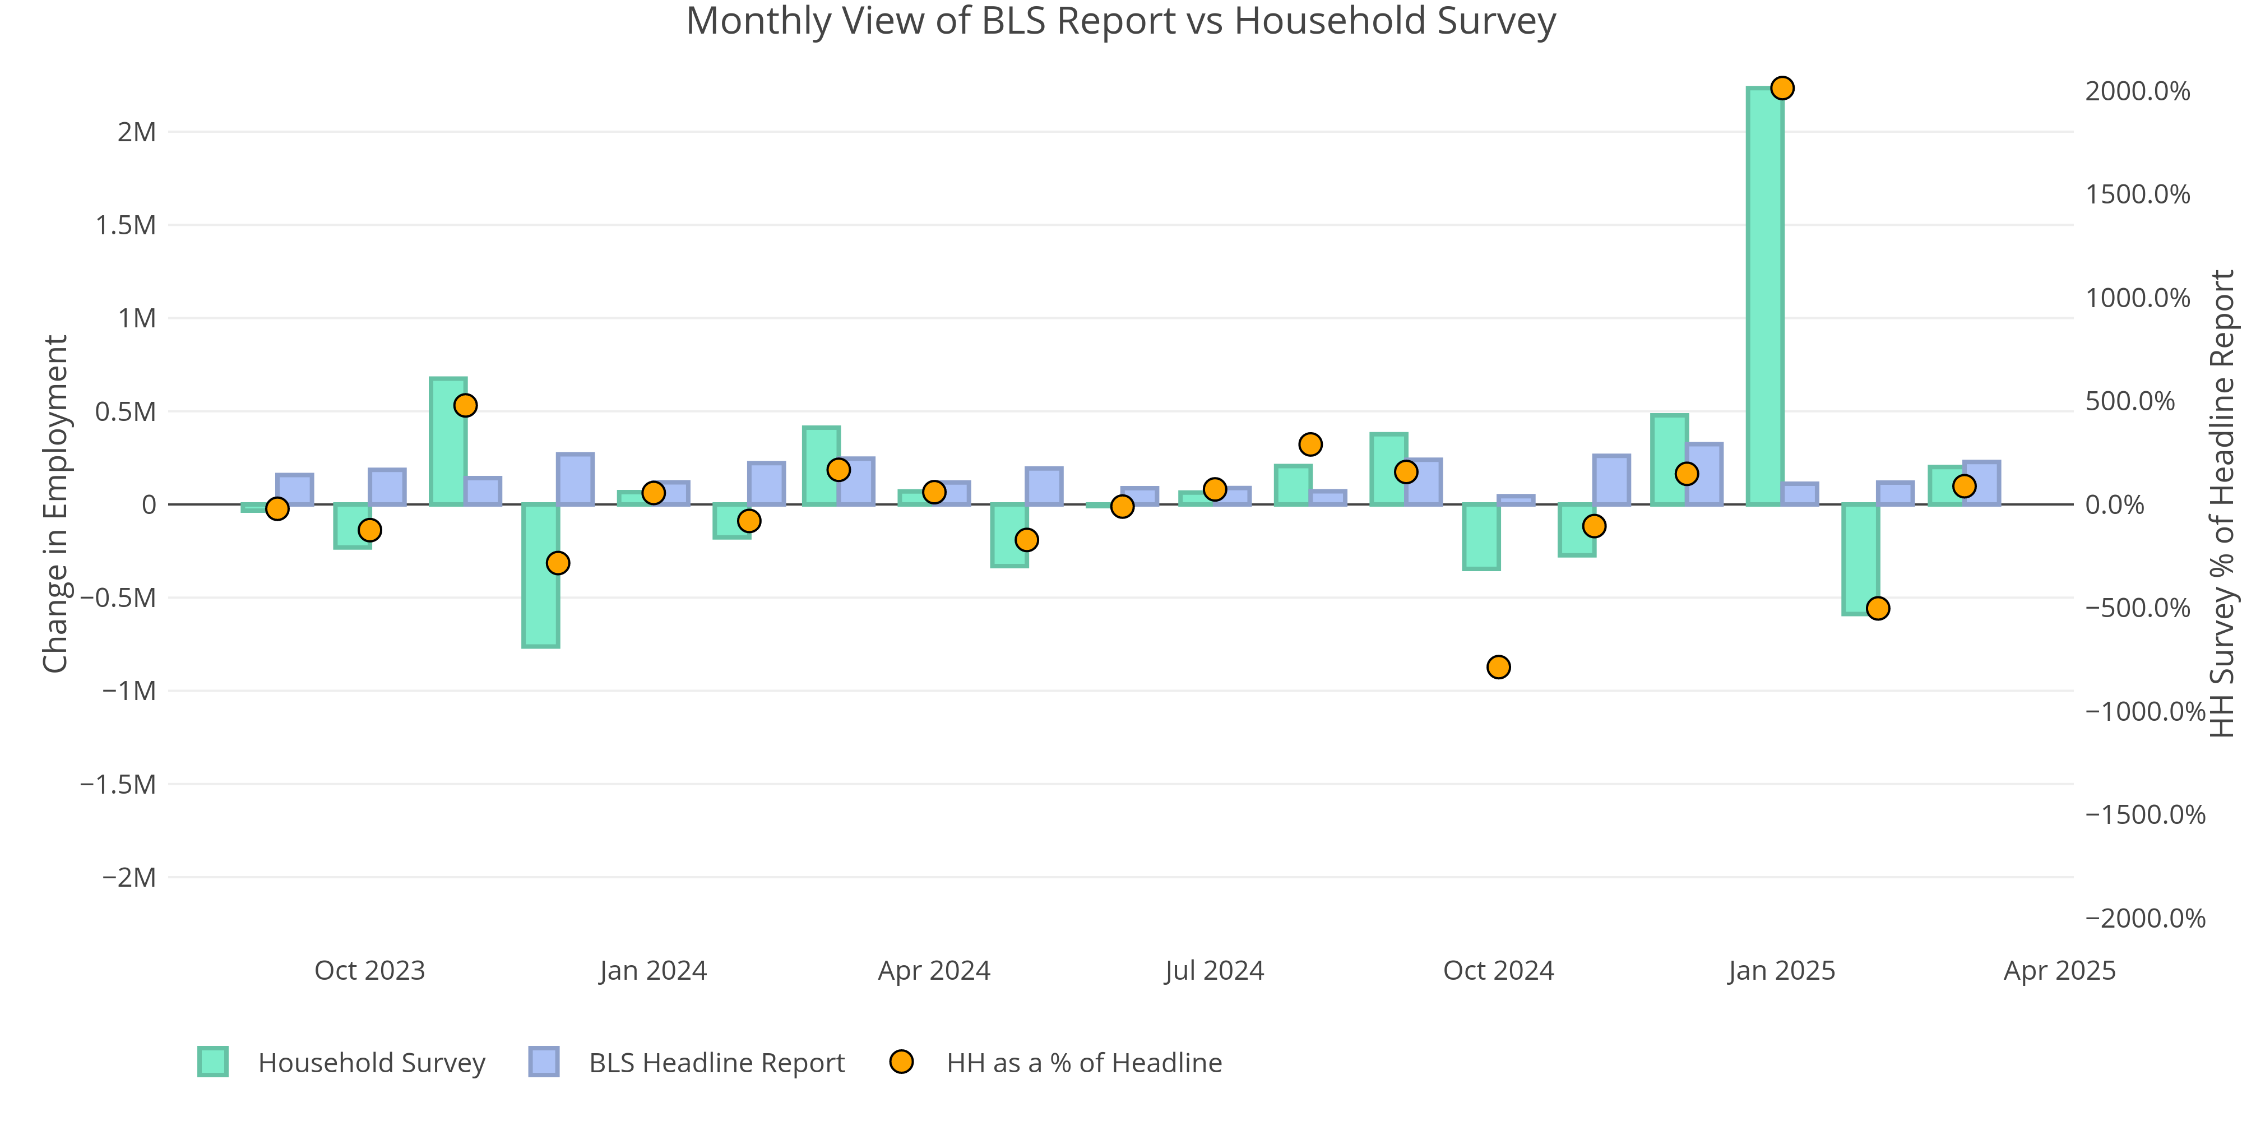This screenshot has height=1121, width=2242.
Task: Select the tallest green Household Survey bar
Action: click(1764, 296)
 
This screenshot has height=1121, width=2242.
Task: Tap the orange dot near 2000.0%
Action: click(1782, 88)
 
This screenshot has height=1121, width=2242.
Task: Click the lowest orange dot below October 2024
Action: click(1498, 666)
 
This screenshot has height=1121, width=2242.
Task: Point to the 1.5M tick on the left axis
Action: click(126, 225)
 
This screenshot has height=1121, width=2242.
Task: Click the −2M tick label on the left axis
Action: click(129, 877)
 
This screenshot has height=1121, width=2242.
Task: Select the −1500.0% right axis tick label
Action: click(2144, 814)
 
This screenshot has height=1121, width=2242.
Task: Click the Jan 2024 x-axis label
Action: click(653, 970)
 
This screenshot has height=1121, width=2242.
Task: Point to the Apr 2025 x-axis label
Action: click(2059, 970)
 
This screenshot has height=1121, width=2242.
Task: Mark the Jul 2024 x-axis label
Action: click(1214, 970)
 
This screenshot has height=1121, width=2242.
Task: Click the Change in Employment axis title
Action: click(55, 503)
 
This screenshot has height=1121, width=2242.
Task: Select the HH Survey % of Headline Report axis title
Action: click(2222, 503)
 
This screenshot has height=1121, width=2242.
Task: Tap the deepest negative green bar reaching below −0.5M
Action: click(540, 575)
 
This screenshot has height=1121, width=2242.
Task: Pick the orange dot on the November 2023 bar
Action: click(466, 406)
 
